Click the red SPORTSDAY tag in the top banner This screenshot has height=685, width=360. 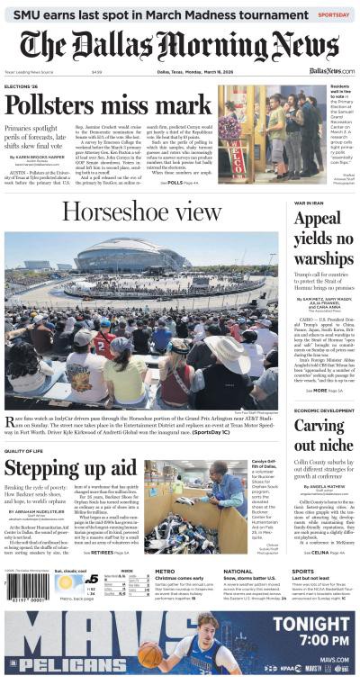334,14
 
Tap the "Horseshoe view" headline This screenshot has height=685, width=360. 141,212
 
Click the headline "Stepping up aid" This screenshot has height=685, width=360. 70,469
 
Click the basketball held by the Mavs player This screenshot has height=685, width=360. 149,654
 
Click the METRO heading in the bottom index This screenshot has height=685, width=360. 165,571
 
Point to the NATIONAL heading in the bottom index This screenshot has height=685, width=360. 238,571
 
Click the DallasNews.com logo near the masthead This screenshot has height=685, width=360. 331,70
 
